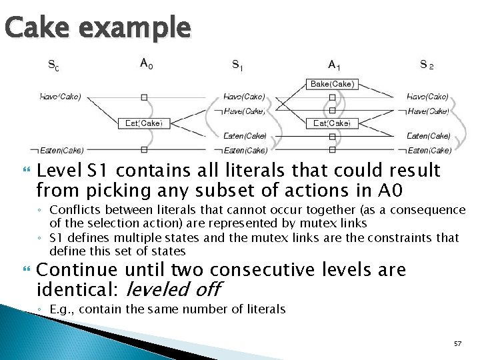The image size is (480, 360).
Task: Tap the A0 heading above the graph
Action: point(145,64)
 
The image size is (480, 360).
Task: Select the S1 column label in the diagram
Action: point(237,65)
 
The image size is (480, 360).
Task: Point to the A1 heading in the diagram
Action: point(334,65)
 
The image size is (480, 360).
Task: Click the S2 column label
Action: point(427,65)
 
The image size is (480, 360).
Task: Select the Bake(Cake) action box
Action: point(332,84)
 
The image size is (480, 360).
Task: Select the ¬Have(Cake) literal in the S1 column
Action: point(241,111)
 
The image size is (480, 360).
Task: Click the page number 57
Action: point(457,343)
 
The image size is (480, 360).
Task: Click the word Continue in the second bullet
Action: point(69,270)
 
